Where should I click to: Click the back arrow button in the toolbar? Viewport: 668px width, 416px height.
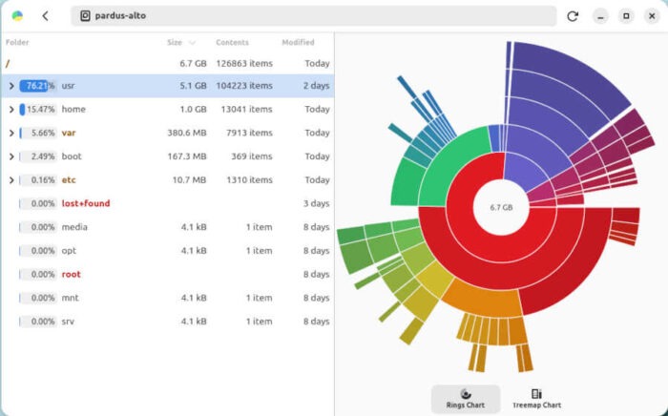coord(45,16)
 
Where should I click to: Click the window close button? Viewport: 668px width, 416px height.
coord(651,16)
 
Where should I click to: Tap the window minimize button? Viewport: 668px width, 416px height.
coord(600,16)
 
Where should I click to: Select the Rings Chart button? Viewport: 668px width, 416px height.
coord(465,399)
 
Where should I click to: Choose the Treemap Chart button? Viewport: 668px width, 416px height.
coord(536,399)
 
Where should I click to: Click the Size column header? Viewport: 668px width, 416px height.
coord(175,43)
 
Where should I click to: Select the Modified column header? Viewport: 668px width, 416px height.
coord(298,43)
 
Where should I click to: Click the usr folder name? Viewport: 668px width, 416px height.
coord(70,86)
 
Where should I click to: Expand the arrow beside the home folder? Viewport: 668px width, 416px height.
coord(11,110)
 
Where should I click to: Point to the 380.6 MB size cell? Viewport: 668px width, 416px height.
coord(187,133)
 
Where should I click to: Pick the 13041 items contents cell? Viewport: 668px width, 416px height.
coord(249,110)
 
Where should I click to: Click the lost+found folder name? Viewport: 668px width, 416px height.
coord(86,203)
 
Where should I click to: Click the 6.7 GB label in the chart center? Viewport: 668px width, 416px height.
coord(502,207)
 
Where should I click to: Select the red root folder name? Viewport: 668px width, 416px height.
coord(72,275)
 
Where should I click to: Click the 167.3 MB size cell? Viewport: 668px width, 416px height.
coord(187,156)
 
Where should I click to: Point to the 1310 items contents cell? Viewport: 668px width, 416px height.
coord(251,179)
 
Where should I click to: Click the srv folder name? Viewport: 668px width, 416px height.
coord(69,322)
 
